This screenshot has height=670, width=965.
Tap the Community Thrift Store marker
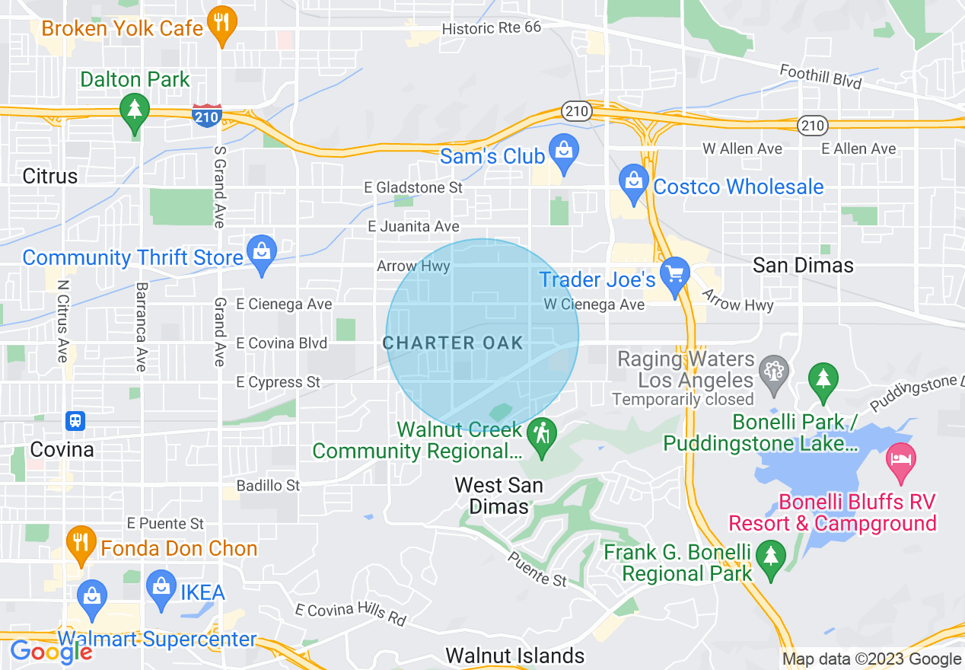[x=262, y=252]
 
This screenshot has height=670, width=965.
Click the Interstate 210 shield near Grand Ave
[x=207, y=115]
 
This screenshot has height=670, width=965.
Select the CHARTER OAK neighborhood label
[x=454, y=343]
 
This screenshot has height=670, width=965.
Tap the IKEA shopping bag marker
[x=161, y=589]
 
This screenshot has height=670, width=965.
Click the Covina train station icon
[x=75, y=420]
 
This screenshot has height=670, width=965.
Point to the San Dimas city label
[x=803, y=265]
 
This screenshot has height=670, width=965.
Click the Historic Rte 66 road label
[x=492, y=27]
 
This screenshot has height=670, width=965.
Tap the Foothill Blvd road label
[x=820, y=76]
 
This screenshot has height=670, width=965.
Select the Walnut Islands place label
[x=515, y=655]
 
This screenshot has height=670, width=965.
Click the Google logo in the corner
[x=51, y=652]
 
